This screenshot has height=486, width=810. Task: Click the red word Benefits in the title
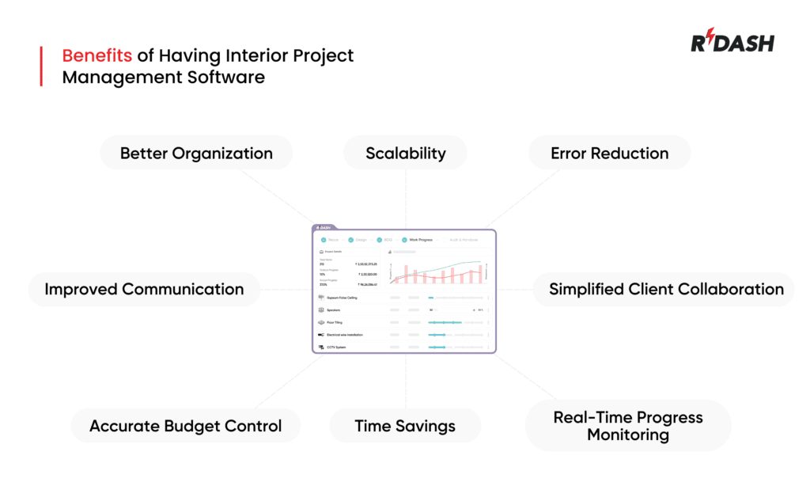pos(97,56)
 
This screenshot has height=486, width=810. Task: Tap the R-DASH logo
pos(732,42)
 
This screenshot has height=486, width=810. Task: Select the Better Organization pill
pos(196,154)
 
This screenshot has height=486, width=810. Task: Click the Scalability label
pos(405,154)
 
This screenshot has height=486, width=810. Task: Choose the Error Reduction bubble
pos(609,154)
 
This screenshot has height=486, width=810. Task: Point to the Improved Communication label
pos(144,289)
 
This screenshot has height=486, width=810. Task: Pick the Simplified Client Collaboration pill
pos(666,289)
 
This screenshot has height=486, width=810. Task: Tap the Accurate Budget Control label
pos(185,426)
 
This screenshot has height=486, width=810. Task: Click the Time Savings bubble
pos(405,426)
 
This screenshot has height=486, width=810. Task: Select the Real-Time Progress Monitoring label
pos(628,426)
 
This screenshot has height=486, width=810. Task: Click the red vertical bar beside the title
pos(41,66)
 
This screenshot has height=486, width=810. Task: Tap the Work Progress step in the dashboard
pos(420,239)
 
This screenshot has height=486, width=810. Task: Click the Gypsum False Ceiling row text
pos(343,298)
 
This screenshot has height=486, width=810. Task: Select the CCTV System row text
pos(336,347)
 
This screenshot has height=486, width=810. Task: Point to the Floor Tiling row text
pos(335,323)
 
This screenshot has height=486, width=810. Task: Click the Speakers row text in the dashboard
pos(333,310)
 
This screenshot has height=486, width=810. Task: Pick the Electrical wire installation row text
pos(345,335)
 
